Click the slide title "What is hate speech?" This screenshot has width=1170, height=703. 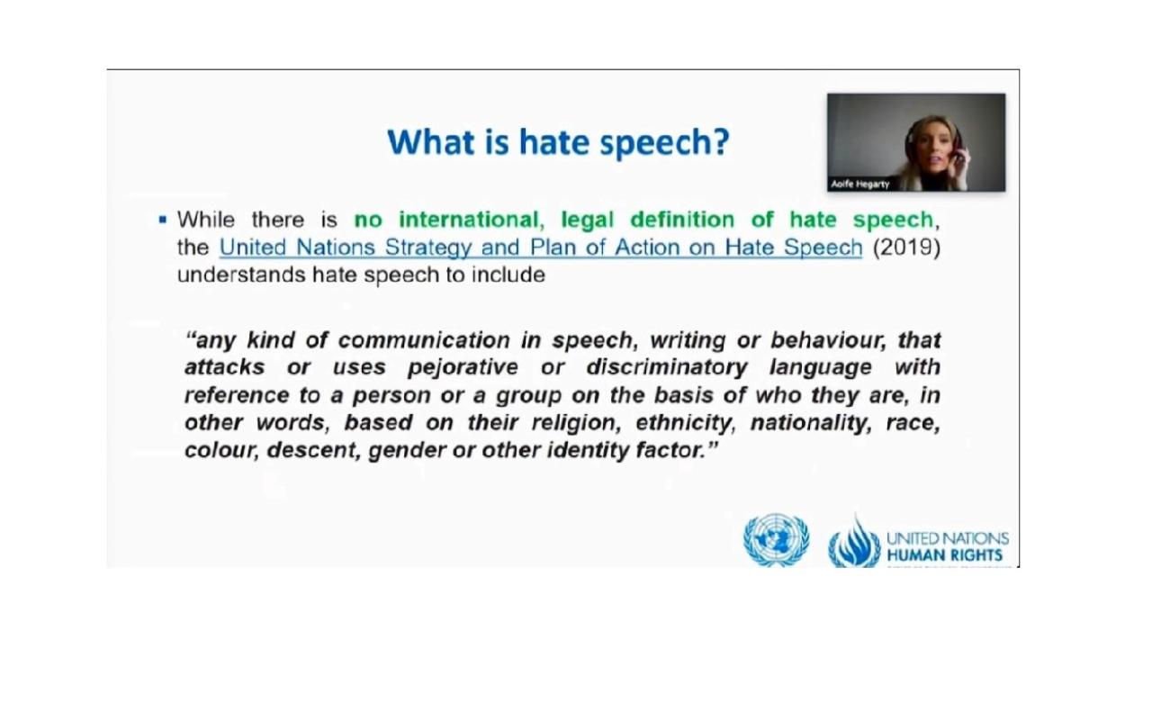coord(558,142)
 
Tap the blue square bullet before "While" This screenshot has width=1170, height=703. coord(162,220)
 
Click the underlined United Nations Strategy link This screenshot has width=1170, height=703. coord(541,248)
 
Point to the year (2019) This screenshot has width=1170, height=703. coord(906,247)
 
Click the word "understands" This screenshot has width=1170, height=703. coord(241,275)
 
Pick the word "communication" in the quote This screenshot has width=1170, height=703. coord(424,340)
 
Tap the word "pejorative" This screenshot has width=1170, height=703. coord(463,367)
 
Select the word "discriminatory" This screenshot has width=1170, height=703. coord(667,367)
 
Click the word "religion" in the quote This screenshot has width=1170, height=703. coord(576,422)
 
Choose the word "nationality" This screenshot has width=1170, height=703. coord(811,422)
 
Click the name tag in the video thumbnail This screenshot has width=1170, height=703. coord(859,184)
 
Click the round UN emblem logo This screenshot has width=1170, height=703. coord(776,539)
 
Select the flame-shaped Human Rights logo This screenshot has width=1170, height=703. coord(854,542)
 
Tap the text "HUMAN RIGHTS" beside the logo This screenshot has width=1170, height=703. coord(944,554)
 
